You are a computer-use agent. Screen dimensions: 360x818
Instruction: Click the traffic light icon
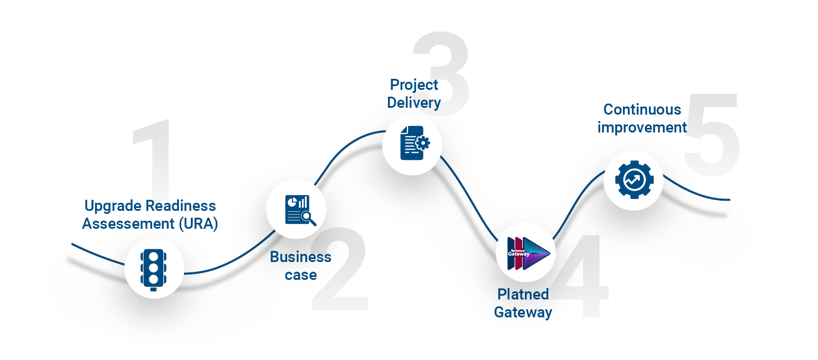tap(154, 269)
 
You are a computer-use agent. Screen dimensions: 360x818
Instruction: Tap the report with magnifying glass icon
tap(300, 210)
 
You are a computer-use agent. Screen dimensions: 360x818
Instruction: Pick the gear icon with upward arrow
tap(634, 180)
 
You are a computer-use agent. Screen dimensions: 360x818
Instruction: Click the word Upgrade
tap(112, 206)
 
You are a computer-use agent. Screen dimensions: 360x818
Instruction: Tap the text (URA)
tap(198, 224)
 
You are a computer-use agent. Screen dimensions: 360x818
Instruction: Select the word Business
tap(300, 257)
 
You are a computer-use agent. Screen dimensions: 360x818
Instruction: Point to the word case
tap(300, 275)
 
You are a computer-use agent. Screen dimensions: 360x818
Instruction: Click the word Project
tap(414, 85)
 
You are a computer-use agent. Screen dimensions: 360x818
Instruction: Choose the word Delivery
tap(414, 103)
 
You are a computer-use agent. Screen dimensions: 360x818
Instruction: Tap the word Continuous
tap(642, 109)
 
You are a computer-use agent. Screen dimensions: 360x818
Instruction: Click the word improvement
tap(642, 127)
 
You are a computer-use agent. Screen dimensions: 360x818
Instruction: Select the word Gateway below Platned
tap(523, 312)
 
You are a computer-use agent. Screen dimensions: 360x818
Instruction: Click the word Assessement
tap(128, 224)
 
